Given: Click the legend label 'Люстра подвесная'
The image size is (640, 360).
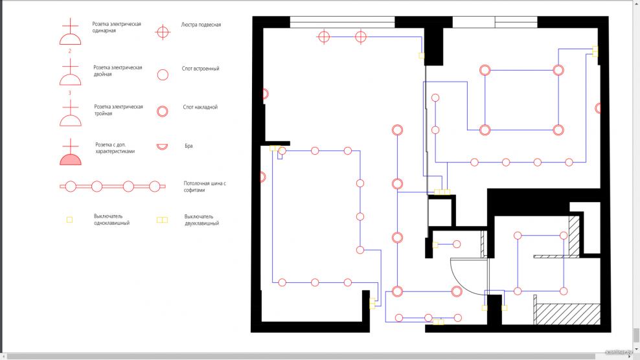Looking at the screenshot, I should (x=201, y=25).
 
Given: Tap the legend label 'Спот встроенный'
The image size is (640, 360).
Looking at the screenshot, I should (x=201, y=69).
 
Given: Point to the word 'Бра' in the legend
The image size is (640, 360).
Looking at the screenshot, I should (x=189, y=146).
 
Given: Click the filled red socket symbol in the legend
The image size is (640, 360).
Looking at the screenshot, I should (x=71, y=159).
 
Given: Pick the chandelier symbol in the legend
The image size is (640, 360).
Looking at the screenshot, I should (x=163, y=31).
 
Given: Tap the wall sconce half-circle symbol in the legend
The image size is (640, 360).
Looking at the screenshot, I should (x=163, y=147).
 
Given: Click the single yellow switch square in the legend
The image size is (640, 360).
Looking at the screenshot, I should (x=70, y=220).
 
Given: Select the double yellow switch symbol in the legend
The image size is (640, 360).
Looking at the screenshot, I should (x=162, y=220).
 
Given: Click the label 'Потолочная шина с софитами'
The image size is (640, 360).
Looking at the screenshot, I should (x=205, y=187).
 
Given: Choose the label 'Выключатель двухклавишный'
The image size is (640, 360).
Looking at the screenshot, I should (x=201, y=220).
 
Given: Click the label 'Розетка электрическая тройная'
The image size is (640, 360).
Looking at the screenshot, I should (x=119, y=110).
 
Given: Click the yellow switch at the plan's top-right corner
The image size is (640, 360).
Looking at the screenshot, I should (x=595, y=51).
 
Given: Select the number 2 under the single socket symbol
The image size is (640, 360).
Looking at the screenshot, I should (x=70, y=51).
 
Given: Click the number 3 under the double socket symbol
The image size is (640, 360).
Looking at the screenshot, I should (x=70, y=93).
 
